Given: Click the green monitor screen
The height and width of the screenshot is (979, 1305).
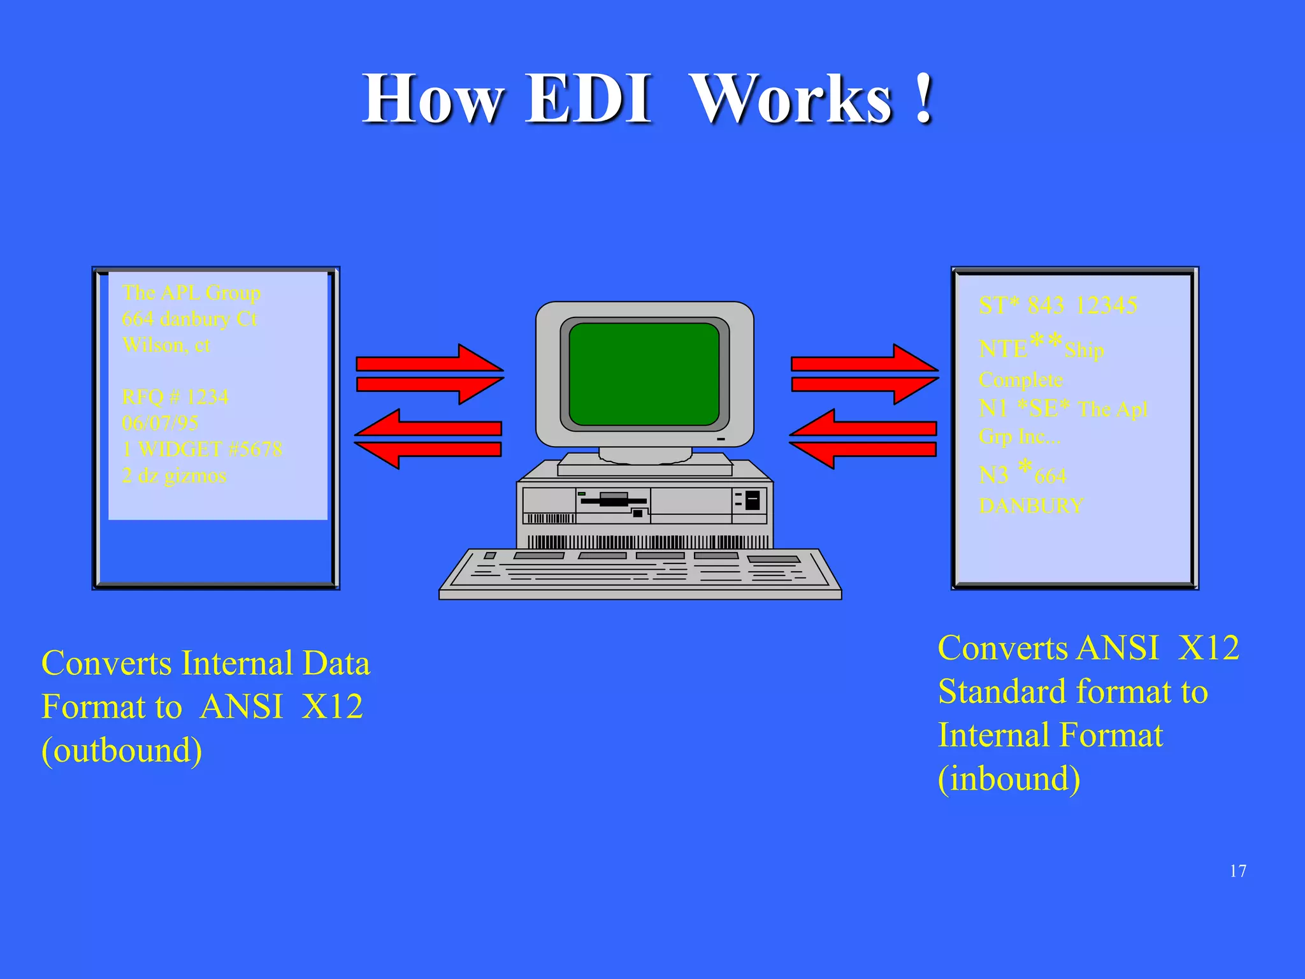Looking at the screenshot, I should pyautogui.click(x=644, y=374).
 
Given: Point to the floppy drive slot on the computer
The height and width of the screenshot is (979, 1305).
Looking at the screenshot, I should pyautogui.click(x=613, y=502).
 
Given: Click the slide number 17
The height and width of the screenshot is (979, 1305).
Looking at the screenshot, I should pyautogui.click(x=1237, y=871).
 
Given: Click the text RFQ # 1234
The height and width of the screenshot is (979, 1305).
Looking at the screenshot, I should pyautogui.click(x=175, y=397).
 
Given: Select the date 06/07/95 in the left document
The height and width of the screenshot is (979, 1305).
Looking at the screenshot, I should pyautogui.click(x=160, y=423).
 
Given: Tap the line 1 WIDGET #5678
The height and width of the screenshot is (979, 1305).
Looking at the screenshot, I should pyautogui.click(x=202, y=449).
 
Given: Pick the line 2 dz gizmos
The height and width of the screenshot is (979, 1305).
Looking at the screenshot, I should pyautogui.click(x=174, y=475).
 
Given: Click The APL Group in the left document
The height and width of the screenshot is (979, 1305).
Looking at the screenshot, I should pyautogui.click(x=191, y=293).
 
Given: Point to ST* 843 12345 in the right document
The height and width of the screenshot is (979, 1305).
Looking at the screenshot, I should pyautogui.click(x=1058, y=305).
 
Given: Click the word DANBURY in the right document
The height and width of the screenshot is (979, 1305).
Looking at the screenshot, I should pyautogui.click(x=1030, y=506).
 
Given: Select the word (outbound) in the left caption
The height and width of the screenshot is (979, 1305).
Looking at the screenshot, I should pyautogui.click(x=122, y=750).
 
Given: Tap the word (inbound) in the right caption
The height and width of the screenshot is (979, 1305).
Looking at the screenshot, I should pyautogui.click(x=1009, y=779).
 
